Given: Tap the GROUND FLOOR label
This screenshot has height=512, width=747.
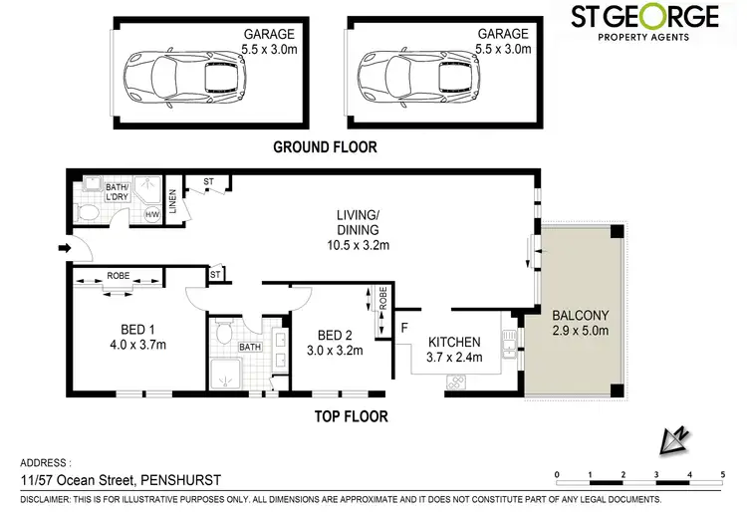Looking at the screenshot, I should click(326, 147).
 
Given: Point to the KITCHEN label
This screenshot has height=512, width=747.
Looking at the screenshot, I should click(454, 342).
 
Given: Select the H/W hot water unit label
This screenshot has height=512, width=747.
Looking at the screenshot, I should click(152, 213).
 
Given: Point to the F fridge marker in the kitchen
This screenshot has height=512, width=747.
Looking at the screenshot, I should click(403, 326).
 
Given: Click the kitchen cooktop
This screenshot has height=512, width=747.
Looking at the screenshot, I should click(459, 381).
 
